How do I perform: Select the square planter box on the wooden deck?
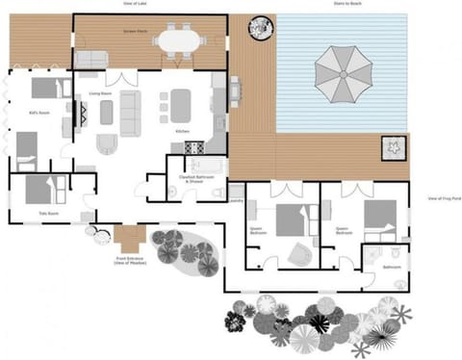point(394,147)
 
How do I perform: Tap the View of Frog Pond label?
point(444,198)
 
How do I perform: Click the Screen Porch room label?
point(136,32)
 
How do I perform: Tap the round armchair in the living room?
point(107,146)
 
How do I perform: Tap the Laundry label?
point(236,201)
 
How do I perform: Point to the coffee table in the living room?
point(107,113)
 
